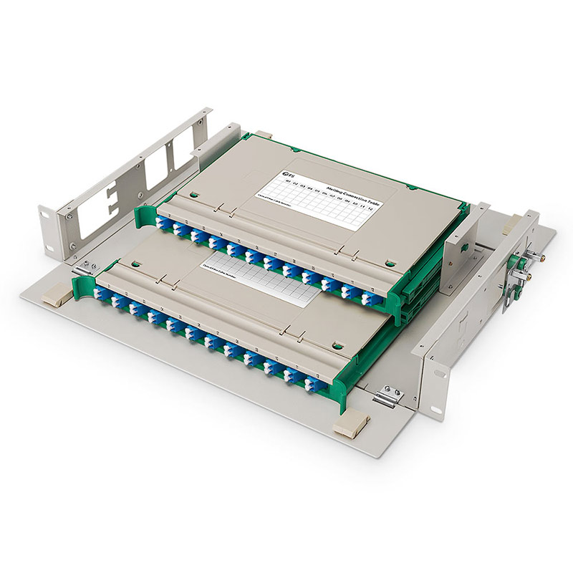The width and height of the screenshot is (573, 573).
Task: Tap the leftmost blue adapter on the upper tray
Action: pos(162,224)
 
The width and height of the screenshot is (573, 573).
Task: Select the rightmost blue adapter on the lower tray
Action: pos(313,385)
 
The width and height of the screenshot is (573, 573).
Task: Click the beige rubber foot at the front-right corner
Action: pos(348,427)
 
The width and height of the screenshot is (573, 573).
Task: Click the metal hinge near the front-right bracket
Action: pos(387,395)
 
